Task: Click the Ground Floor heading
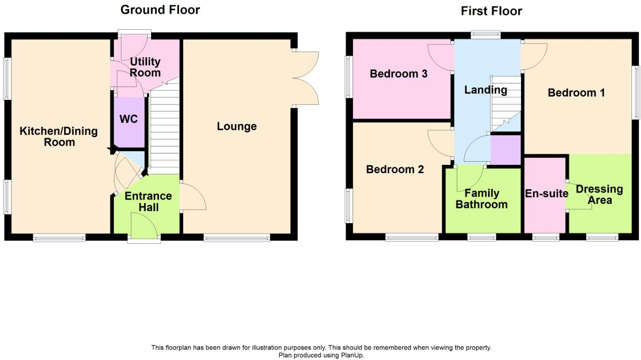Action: tap(160, 10)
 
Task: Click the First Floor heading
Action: tap(491, 11)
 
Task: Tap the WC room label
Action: tap(129, 119)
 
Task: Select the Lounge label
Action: tap(237, 126)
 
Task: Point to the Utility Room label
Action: tap(145, 67)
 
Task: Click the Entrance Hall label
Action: tap(148, 202)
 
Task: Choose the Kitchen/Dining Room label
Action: tap(59, 136)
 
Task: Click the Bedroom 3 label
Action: tap(398, 74)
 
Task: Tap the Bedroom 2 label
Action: tap(395, 169)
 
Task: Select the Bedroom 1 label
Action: tap(576, 93)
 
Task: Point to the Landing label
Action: tap(485, 90)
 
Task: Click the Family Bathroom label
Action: tap(481, 199)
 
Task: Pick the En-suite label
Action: tap(546, 193)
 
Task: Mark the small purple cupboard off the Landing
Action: tap(505, 149)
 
